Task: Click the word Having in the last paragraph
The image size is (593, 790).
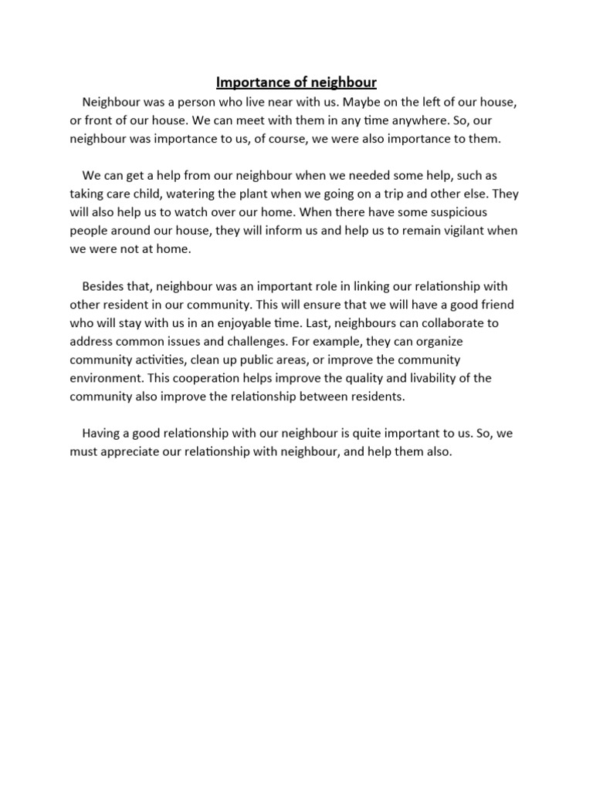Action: pyautogui.click(x=103, y=434)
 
